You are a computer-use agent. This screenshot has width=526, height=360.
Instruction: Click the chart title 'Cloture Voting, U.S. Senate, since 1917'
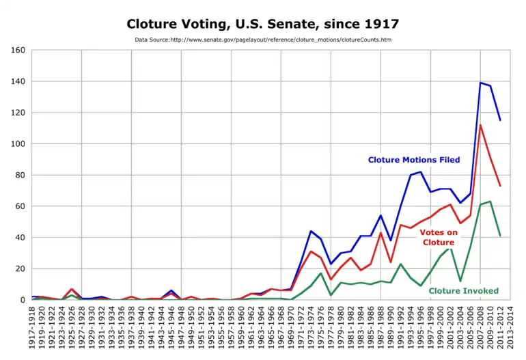click(263, 24)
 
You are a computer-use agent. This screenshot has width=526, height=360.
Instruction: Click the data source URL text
click(263, 40)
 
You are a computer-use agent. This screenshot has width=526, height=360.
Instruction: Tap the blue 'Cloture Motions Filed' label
click(414, 160)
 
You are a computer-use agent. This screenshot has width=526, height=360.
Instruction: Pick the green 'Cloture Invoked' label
click(464, 290)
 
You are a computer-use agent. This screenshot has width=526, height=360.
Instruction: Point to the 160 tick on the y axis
click(18, 51)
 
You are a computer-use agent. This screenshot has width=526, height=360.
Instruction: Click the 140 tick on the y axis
click(18, 82)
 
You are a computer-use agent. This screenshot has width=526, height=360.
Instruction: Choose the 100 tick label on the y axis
click(18, 144)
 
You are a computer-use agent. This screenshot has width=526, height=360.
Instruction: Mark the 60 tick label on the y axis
click(20, 206)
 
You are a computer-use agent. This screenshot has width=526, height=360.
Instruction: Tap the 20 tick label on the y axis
click(20, 268)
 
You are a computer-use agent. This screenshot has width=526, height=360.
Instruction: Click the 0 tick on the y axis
click(23, 300)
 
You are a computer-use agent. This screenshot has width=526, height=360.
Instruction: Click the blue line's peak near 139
click(480, 83)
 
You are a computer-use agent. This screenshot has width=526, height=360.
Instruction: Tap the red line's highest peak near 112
click(480, 125)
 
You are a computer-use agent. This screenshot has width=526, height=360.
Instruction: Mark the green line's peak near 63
click(490, 202)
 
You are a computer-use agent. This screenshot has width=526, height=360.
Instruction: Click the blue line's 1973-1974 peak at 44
click(311, 231)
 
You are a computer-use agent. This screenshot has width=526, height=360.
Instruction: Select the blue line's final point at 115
click(500, 120)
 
